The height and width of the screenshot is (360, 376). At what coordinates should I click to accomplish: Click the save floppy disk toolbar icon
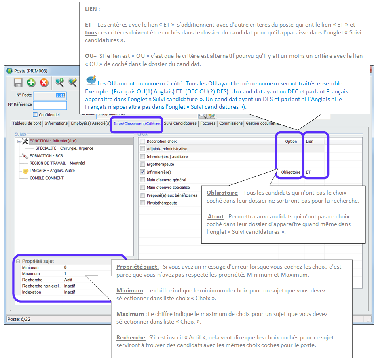18,83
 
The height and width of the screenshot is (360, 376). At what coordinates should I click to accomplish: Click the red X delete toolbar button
44,83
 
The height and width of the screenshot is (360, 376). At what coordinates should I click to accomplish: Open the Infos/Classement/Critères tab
137,123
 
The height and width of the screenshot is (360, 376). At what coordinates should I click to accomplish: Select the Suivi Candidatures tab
180,123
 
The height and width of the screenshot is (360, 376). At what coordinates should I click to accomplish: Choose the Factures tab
208,123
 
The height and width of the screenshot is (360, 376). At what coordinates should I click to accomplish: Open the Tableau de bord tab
27,123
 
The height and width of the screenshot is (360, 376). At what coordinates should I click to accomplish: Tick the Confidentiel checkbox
36,114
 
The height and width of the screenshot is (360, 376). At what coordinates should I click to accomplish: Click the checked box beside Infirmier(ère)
142,172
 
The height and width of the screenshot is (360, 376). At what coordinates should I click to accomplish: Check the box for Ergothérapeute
142,164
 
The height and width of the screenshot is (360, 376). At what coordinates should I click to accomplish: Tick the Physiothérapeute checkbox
142,203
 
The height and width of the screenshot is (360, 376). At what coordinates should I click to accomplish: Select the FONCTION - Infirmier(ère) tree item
53,141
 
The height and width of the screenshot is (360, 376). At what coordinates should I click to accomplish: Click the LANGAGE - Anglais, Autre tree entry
52,171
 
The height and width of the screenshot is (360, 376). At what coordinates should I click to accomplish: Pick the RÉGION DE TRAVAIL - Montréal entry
57,163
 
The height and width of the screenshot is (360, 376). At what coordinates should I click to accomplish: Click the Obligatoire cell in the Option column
291,172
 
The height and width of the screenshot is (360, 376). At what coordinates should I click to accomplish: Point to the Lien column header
309,142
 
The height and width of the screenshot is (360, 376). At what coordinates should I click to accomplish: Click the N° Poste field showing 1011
50,95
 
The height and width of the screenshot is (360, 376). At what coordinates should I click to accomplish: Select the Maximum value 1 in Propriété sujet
65,273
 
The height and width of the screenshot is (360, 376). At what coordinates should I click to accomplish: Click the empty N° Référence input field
50,105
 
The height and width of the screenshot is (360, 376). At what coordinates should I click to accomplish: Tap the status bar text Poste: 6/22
19,319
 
